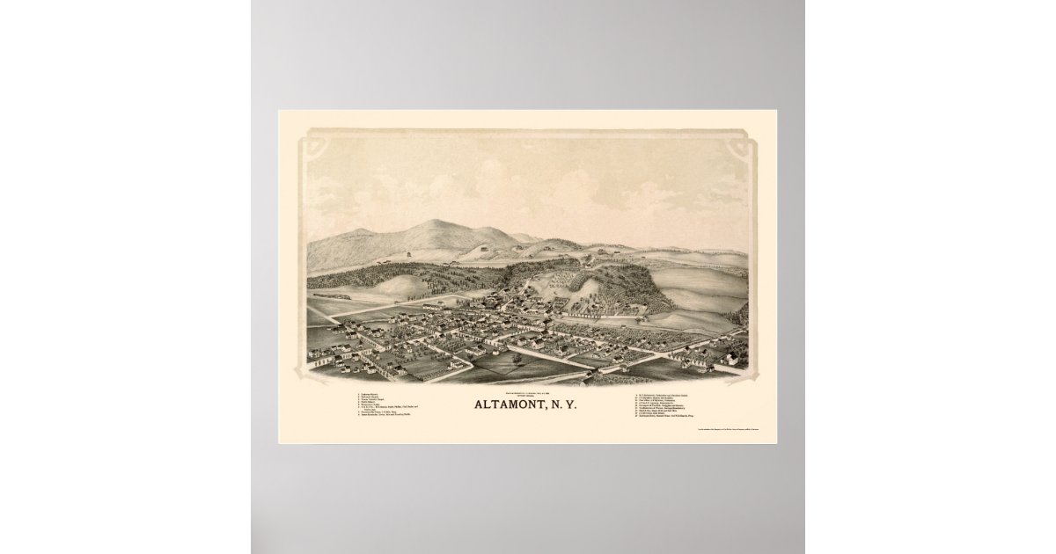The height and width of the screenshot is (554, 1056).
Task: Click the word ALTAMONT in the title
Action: (506, 407)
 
